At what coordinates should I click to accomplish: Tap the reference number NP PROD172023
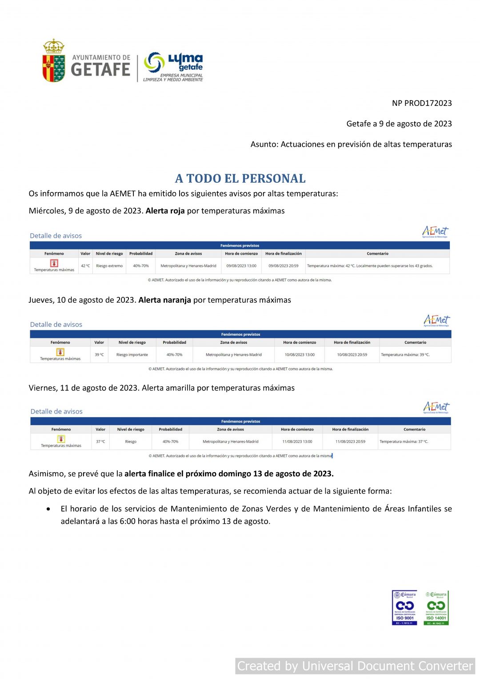[421, 103]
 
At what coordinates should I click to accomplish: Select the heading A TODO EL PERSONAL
[240, 178]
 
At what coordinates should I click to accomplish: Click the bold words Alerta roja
[165, 211]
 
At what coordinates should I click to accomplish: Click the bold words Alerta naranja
[164, 300]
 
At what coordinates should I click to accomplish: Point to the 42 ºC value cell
[85, 266]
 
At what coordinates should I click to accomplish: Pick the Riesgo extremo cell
[109, 266]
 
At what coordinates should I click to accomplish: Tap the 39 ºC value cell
[99, 355]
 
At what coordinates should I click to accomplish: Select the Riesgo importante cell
[132, 355]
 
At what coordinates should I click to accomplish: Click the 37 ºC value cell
[100, 442]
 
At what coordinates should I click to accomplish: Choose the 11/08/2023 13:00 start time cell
[297, 442]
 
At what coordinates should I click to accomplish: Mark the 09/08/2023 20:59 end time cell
[284, 266]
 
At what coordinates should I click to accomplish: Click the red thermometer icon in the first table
[54, 263]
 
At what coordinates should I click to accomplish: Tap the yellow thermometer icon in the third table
[61, 439]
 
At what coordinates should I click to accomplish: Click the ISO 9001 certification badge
[404, 607]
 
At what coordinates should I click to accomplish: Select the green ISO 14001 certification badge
[436, 607]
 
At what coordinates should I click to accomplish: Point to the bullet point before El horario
[48, 509]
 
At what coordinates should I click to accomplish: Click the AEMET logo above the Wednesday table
[435, 232]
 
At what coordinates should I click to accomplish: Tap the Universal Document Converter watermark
[355, 666]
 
